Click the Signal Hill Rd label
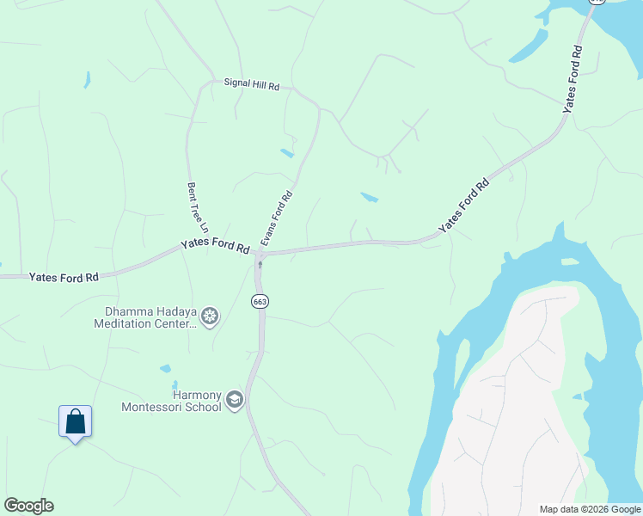(251, 86)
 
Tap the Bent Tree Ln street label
(199, 207)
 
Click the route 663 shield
(259, 301)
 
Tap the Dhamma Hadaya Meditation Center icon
(210, 316)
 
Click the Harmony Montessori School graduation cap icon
(235, 400)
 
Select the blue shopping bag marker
(76, 421)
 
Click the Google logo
(28, 506)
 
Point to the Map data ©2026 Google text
(590, 509)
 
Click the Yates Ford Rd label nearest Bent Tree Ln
(215, 246)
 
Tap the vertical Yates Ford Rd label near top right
(572, 78)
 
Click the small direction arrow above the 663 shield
(260, 265)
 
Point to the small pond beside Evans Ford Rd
(287, 154)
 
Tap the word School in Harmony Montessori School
(203, 407)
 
